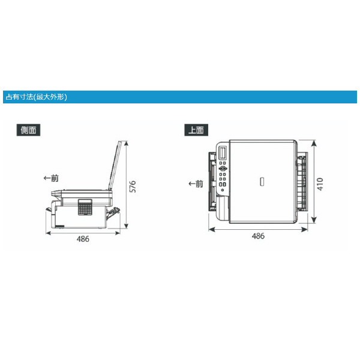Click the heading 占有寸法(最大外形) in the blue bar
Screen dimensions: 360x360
coord(36,97)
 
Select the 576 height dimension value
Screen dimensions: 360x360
coord(133,186)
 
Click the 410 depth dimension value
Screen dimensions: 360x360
coord(321,184)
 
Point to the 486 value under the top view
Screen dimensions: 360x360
coord(257,236)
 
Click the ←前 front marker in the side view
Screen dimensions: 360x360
coord(51,178)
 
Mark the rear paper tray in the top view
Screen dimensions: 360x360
coord(304,183)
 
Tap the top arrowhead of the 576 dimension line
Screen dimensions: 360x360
coord(127,142)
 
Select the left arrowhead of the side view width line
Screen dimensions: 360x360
coord(48,232)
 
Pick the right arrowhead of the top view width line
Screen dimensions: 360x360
coord(307,229)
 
